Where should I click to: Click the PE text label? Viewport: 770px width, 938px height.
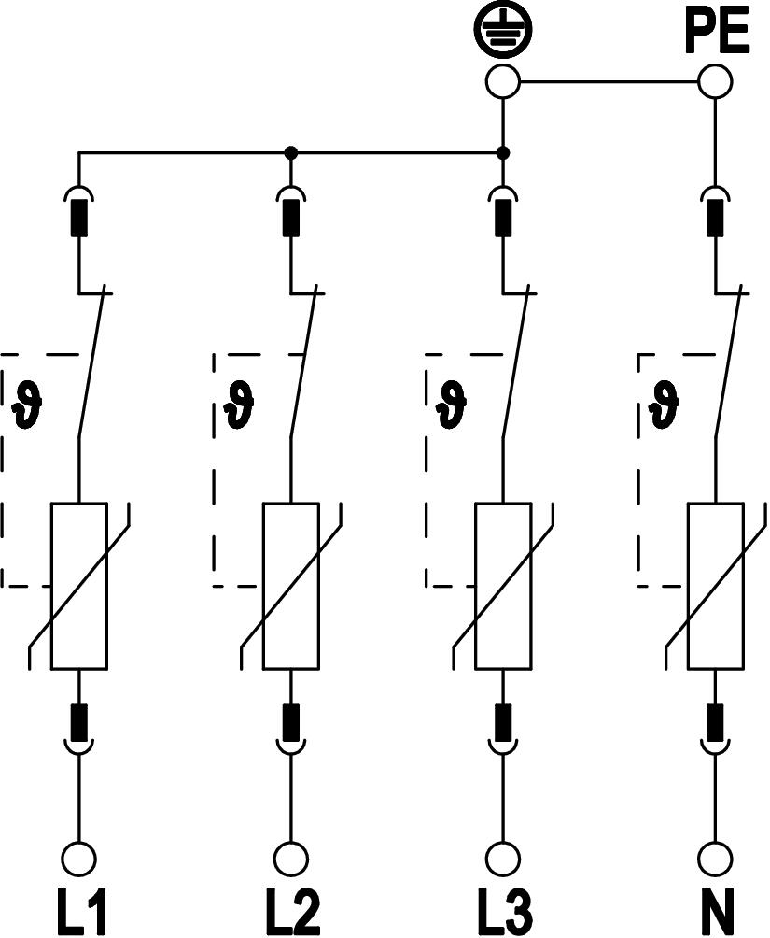tap(716, 32)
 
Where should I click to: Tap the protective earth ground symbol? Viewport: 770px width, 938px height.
tap(503, 32)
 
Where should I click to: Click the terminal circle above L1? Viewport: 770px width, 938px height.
tap(78, 857)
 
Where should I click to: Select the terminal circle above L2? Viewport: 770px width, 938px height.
tap(291, 857)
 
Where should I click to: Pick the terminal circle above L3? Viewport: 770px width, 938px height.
tap(504, 857)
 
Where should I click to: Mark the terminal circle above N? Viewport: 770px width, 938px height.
tap(717, 857)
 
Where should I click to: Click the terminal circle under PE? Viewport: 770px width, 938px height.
tap(716, 81)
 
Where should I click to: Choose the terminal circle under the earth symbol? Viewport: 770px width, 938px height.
tap(503, 81)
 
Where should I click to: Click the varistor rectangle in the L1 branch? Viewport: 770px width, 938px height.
tap(79, 586)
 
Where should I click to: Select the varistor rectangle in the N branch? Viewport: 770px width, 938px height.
tap(717, 586)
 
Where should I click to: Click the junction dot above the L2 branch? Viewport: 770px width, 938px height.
tap(291, 152)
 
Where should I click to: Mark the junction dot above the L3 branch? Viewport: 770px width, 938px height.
tap(503, 152)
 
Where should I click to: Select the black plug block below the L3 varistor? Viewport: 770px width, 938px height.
tap(504, 718)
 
